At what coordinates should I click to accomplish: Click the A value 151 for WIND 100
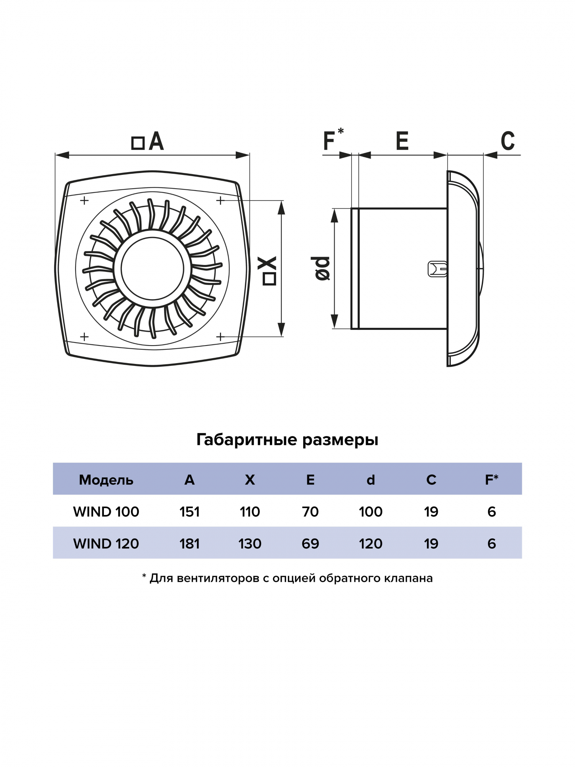[189, 512]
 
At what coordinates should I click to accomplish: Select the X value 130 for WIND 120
[250, 543]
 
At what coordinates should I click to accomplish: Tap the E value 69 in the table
[310, 543]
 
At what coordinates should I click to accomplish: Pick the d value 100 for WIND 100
[371, 512]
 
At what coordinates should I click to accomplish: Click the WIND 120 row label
[106, 543]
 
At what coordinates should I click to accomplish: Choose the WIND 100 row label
[106, 512]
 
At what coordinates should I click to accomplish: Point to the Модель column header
[106, 480]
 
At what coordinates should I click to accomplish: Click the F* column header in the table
[491, 479]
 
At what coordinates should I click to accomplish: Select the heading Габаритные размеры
[287, 439]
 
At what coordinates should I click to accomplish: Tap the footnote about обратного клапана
[287, 578]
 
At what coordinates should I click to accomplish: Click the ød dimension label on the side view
[322, 268]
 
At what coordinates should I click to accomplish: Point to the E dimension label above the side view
[402, 141]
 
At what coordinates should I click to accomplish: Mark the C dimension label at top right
[508, 141]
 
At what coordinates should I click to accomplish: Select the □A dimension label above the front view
[148, 142]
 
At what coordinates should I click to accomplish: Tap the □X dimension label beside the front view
[269, 271]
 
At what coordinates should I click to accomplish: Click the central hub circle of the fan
[152, 269]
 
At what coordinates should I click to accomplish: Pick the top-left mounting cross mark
[84, 201]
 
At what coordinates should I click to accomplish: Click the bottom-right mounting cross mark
[220, 337]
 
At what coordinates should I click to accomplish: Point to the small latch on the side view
[437, 269]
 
